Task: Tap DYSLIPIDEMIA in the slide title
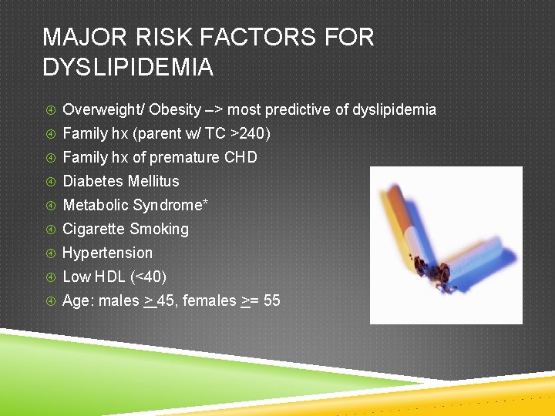[128, 68]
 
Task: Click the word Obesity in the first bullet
[176, 110]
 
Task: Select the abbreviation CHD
[240, 158]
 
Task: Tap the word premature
[184, 158]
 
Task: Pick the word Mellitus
[154, 182]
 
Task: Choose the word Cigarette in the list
[93, 230]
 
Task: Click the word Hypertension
[107, 253]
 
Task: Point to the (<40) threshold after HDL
[153, 277]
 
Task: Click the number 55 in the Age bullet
[271, 301]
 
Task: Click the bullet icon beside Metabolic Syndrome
[49, 206]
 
